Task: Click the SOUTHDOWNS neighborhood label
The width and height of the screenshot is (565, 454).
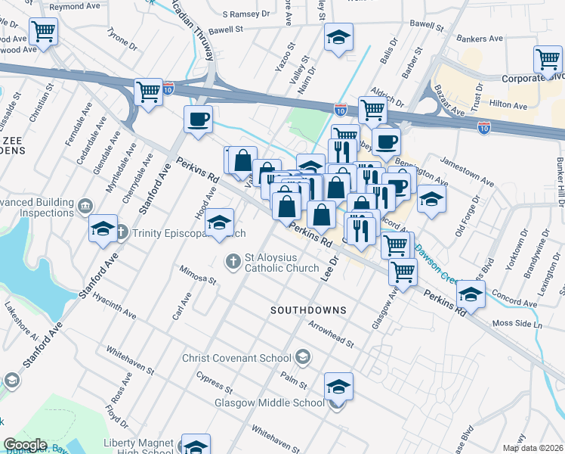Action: click(308, 310)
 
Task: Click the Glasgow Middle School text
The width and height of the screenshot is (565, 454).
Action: click(270, 403)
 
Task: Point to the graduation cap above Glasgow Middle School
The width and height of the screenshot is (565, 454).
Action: click(339, 386)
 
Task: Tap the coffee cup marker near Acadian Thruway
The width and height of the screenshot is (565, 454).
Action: click(198, 120)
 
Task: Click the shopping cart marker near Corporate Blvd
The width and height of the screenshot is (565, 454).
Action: click(548, 60)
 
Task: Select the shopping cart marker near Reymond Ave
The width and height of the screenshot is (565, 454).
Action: click(43, 33)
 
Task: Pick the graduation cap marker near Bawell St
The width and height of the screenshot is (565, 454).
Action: click(338, 36)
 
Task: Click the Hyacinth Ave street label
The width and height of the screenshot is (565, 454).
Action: click(115, 305)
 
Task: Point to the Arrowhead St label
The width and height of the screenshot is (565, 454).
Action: click(331, 334)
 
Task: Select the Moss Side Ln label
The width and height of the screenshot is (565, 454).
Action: click(517, 325)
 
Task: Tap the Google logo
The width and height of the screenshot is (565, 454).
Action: click(25, 445)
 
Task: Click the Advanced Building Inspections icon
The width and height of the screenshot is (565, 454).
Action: click(84, 205)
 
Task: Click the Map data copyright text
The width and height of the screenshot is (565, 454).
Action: click(537, 448)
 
